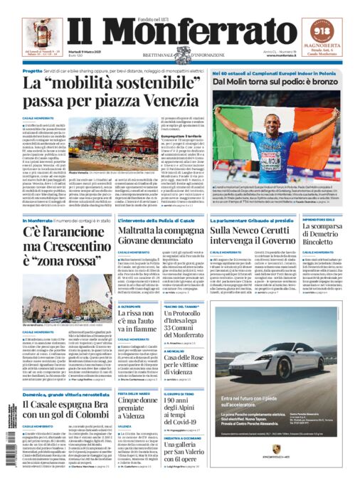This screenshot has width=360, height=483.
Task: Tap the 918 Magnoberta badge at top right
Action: click(328, 31)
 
